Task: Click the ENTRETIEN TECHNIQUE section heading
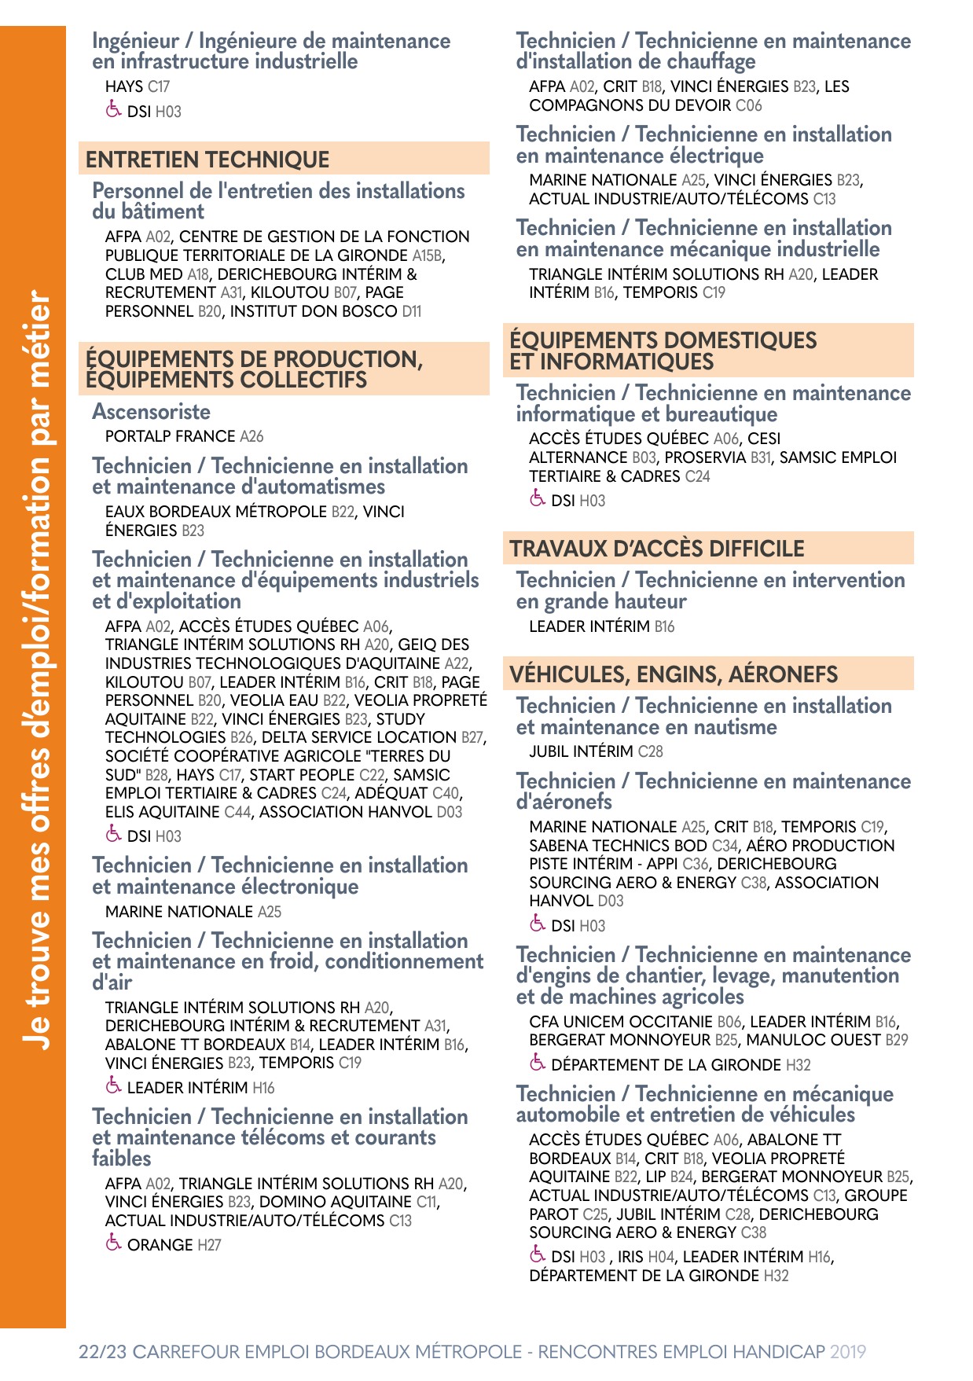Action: click(x=207, y=160)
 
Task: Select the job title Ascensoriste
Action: click(x=151, y=412)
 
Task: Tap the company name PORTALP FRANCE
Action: click(x=171, y=436)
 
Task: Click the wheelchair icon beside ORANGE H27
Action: click(x=113, y=1243)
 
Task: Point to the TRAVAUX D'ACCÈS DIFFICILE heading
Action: click(x=657, y=549)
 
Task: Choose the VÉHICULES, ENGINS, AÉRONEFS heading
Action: click(x=674, y=674)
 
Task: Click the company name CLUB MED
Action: click(x=144, y=274)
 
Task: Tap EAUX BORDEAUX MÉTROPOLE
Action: click(x=216, y=512)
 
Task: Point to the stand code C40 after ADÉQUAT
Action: click(x=446, y=793)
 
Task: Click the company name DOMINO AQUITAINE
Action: click(x=336, y=1202)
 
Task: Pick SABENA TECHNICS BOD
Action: click(x=618, y=846)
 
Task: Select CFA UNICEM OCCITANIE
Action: click(x=621, y=1022)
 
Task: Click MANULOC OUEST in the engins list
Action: click(x=813, y=1040)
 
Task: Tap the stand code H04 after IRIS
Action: click(x=662, y=1257)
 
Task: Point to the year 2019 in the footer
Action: click(x=848, y=1352)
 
